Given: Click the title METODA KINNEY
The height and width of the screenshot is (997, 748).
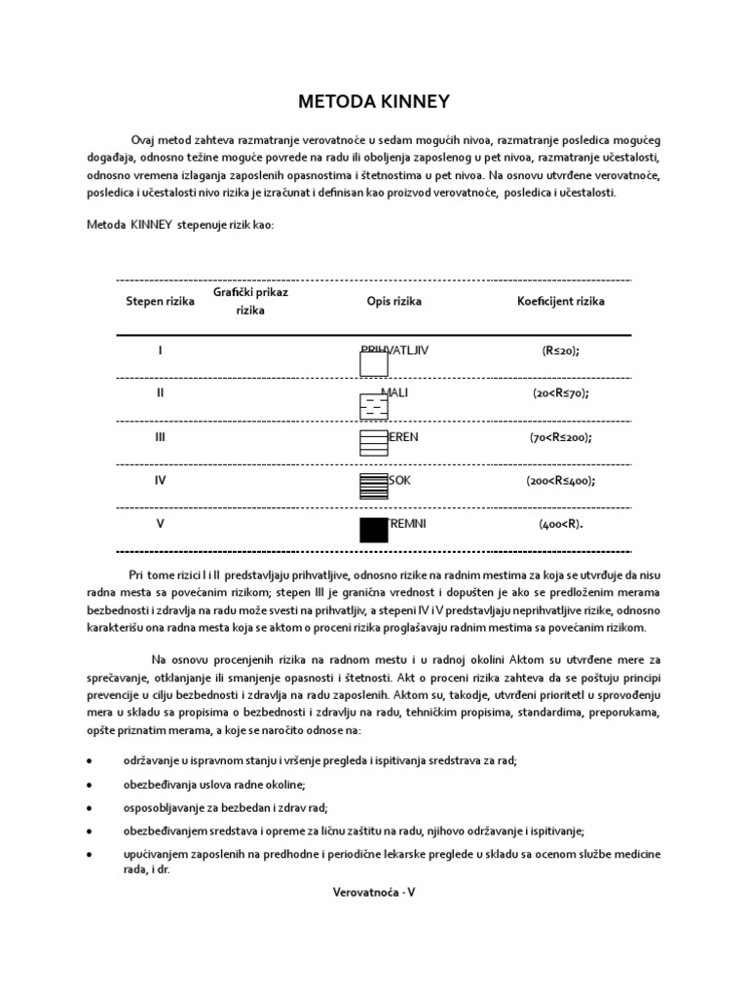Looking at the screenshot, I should point(374,102).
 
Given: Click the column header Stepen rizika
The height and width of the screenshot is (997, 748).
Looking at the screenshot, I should point(160,302).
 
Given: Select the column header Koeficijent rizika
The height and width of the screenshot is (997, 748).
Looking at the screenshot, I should point(560,302).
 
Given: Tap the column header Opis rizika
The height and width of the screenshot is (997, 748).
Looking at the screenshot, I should point(393,302).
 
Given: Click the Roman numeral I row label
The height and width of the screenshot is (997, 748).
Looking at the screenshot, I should point(160,351).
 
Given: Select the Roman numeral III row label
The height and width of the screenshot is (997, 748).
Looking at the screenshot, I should point(160,437).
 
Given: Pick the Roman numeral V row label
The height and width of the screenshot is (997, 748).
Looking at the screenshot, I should point(160,524).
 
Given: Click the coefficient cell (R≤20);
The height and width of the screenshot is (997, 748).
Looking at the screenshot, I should point(560,351).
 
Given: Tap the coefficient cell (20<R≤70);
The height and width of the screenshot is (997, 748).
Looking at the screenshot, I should point(560,393).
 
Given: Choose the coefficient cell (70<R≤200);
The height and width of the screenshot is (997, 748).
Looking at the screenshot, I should point(560,437).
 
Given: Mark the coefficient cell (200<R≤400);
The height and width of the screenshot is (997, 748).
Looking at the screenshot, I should point(560,481).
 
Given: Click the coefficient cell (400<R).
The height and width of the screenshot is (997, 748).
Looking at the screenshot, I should point(560,524).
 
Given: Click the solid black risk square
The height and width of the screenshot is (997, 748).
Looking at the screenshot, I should point(374,531).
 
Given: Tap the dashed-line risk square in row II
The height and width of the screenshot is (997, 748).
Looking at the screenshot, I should point(374,407).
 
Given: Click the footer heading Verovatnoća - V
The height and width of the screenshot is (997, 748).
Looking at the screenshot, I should point(374,891).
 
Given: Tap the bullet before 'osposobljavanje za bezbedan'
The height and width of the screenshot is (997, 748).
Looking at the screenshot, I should point(90,808).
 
